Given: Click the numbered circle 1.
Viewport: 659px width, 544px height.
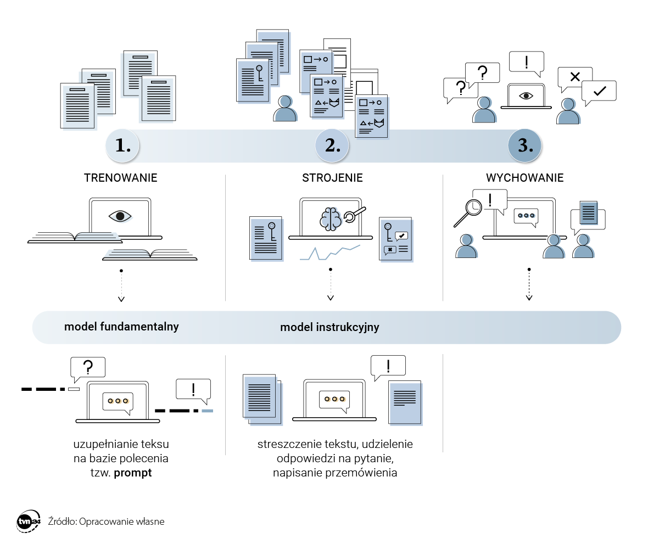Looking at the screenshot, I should (x=122, y=145).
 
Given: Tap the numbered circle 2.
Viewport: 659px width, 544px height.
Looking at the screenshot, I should (x=332, y=145).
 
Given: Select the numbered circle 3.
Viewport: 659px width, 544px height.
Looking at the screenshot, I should (x=525, y=145).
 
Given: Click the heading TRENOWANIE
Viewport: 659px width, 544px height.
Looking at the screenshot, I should (x=121, y=178).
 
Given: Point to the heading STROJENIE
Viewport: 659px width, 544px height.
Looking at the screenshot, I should (x=332, y=178).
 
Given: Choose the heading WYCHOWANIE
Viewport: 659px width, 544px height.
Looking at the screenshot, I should (x=524, y=178).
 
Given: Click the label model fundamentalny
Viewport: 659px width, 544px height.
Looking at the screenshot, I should (x=121, y=327).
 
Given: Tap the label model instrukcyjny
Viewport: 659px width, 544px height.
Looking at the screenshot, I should (x=329, y=327).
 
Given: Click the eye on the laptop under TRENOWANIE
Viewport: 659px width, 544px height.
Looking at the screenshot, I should (x=120, y=216).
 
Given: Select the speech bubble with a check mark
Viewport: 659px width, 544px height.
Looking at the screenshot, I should (x=599, y=92).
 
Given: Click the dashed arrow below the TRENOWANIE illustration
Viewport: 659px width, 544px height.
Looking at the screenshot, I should (x=121, y=285).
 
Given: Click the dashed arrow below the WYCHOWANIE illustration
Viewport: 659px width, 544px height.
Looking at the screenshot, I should (x=529, y=285).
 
